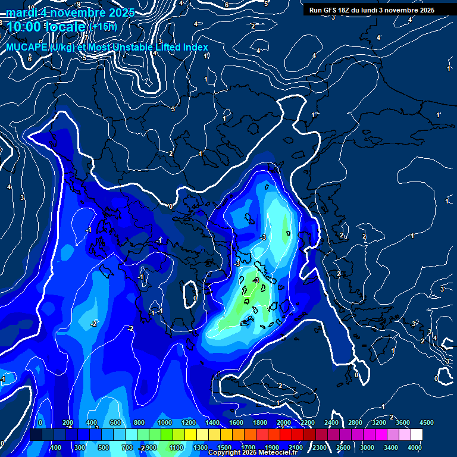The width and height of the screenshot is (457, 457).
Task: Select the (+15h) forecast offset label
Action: click(x=103, y=27)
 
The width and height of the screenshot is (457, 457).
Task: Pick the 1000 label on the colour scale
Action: click(x=164, y=422)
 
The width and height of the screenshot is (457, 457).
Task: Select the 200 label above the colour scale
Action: click(x=67, y=422)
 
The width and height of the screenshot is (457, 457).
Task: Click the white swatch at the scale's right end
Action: click(x=417, y=435)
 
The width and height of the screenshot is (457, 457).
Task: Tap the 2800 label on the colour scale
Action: click(x=355, y=422)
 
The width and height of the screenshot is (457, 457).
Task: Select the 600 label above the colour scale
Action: click(x=115, y=422)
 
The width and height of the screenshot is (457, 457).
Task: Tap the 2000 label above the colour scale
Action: click(x=283, y=422)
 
